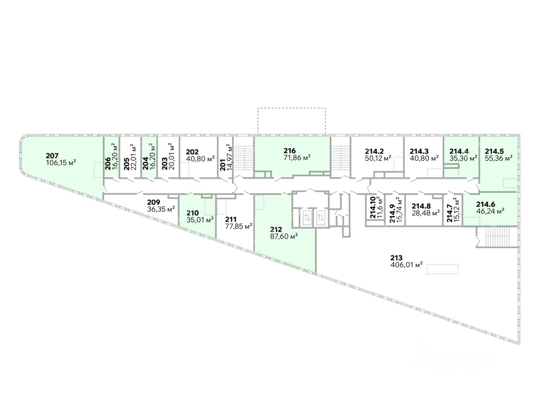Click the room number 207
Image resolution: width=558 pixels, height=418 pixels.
pos(51,155)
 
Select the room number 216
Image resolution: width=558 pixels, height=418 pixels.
pos(289,151)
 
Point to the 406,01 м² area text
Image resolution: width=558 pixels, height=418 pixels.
pos(407,264)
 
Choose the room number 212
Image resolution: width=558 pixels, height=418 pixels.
pos(276,229)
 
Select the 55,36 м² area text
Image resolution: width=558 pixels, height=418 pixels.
pos(498,158)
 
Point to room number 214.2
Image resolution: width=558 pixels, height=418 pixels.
pos(374,152)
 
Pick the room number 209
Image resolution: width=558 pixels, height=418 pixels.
pos(153,202)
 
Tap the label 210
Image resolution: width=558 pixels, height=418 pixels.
pos(193,213)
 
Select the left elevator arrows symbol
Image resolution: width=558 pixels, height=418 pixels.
pos(306,218)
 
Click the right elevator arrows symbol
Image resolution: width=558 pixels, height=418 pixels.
pos(322,218)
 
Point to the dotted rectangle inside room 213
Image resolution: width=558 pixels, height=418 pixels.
pos(442,269)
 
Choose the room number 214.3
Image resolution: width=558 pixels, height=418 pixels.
pos(420,152)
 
